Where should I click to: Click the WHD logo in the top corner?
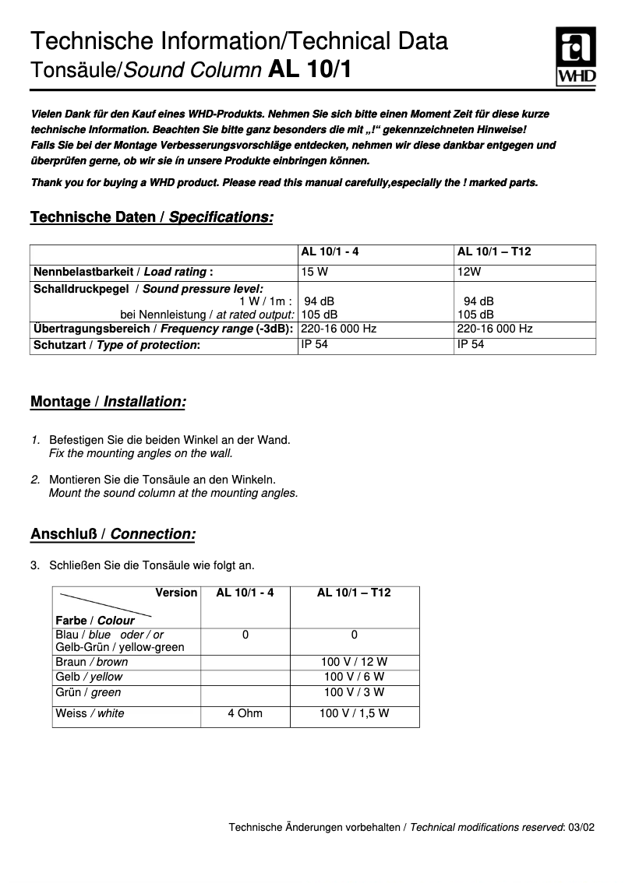[x=575, y=56]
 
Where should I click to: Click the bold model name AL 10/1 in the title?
[x=309, y=70]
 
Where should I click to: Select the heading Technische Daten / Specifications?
[x=151, y=217]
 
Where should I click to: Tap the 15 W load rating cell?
[x=313, y=272]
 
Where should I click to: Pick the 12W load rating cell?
[x=469, y=272]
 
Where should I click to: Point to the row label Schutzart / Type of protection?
[x=116, y=345]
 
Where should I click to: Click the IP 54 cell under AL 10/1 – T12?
[x=471, y=344]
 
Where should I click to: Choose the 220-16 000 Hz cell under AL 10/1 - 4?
[x=339, y=329]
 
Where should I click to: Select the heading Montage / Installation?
[x=108, y=402]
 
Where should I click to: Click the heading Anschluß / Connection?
[x=112, y=534]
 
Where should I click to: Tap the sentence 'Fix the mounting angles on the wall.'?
[x=140, y=453]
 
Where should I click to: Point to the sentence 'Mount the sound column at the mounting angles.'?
[x=173, y=493]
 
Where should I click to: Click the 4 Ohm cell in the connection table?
[x=245, y=713]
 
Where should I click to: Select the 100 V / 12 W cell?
[x=354, y=662]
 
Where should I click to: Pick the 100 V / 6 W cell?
[x=354, y=677]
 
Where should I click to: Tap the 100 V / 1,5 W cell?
[x=354, y=713]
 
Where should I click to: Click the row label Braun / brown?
[x=91, y=662]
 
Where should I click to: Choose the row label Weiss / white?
[x=90, y=713]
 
